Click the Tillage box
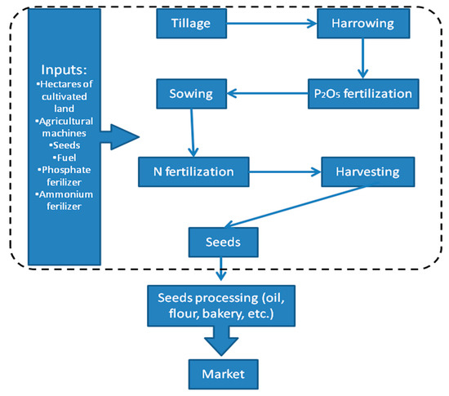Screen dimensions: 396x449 pos(190,24)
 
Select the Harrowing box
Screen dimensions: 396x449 pos(361,24)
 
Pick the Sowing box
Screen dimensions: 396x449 pos(190,94)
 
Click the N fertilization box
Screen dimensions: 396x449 pos(193,172)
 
